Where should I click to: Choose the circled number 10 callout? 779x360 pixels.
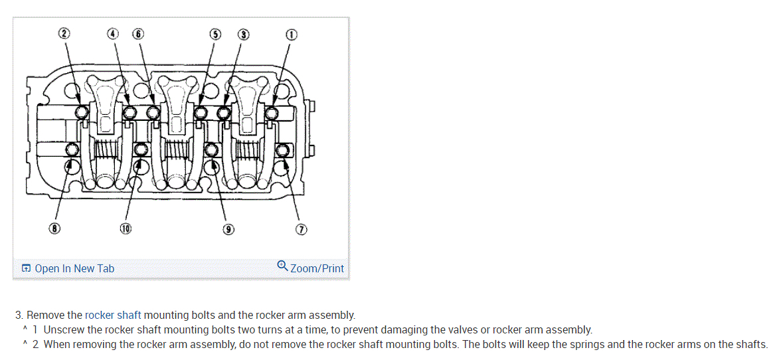(x=126, y=228)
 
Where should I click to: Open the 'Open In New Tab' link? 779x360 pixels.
(x=74, y=268)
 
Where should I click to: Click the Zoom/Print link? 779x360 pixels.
(x=317, y=268)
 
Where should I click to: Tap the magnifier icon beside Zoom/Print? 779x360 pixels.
(x=282, y=267)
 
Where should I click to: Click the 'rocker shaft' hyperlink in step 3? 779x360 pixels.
(x=113, y=315)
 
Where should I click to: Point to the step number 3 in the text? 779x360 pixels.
(x=19, y=315)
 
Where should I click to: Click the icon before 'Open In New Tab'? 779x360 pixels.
(x=26, y=268)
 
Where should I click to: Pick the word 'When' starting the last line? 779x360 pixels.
(x=57, y=344)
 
